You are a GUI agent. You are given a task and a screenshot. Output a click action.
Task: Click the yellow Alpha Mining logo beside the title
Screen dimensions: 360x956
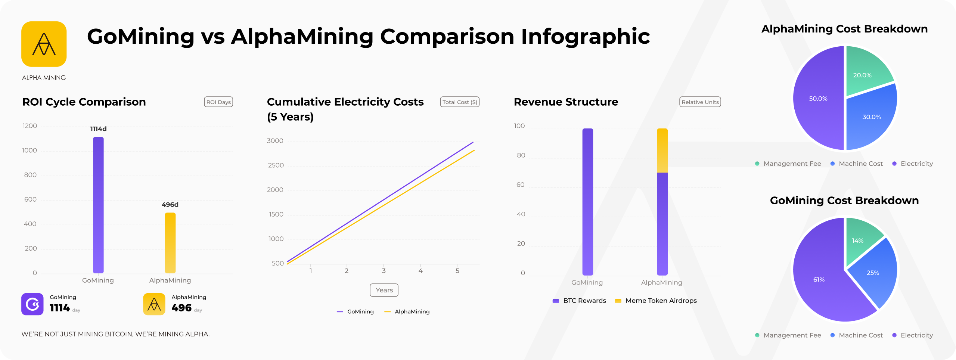[44, 44]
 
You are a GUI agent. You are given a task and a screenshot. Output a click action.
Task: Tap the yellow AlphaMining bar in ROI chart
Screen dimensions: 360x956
[170, 243]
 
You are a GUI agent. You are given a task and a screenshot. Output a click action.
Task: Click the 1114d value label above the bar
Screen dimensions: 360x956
[99, 129]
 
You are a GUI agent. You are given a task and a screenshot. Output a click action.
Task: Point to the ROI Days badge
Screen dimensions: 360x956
[218, 102]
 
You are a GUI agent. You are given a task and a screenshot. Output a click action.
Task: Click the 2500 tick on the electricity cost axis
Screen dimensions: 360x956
[276, 165]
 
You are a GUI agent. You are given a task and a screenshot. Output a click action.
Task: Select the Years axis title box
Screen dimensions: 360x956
[384, 290]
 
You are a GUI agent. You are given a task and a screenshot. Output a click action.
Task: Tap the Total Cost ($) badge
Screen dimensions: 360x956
[460, 102]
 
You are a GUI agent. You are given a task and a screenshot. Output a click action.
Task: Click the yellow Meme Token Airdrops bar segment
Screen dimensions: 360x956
[662, 150]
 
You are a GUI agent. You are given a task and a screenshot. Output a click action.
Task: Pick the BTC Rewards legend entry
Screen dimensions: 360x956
[580, 301]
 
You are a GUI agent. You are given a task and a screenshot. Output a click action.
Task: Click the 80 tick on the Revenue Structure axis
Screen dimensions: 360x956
[521, 155]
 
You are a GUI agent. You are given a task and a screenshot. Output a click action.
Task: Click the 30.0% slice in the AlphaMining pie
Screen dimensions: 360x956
[870, 118]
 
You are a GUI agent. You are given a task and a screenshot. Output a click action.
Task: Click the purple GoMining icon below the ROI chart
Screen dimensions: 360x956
[32, 304]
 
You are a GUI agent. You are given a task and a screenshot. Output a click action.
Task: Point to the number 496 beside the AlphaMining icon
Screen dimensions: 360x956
[181, 308]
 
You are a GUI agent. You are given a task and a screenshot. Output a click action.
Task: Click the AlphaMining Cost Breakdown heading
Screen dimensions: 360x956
[844, 29]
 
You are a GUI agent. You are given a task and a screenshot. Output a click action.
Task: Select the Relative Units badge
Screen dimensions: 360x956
[700, 102]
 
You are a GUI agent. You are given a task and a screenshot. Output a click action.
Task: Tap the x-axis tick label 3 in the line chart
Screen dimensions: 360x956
[384, 271]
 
